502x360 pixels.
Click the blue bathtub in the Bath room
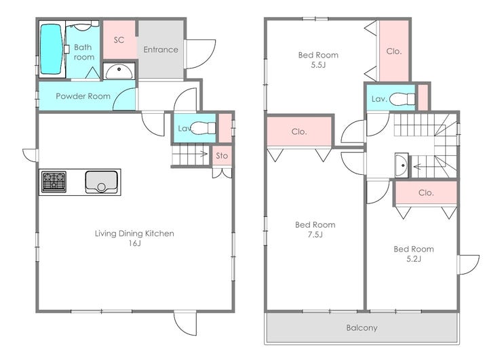(51, 49)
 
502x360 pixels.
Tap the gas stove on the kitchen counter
(54, 182)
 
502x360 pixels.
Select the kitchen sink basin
(102, 182)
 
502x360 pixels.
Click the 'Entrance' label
(161, 49)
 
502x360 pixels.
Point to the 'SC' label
(119, 40)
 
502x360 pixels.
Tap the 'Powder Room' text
(83, 96)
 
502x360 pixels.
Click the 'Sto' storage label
(222, 156)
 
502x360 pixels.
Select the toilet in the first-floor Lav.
(204, 128)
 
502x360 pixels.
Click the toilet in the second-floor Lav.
(402, 99)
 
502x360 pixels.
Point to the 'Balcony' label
(362, 327)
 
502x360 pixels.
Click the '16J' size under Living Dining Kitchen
(135, 243)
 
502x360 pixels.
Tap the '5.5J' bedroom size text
(318, 65)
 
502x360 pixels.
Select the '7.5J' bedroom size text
(315, 235)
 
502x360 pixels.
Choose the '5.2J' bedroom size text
(414, 259)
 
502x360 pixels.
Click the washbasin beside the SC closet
(119, 71)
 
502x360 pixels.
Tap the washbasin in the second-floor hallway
(402, 165)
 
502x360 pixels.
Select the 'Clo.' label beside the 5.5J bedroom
(394, 52)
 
